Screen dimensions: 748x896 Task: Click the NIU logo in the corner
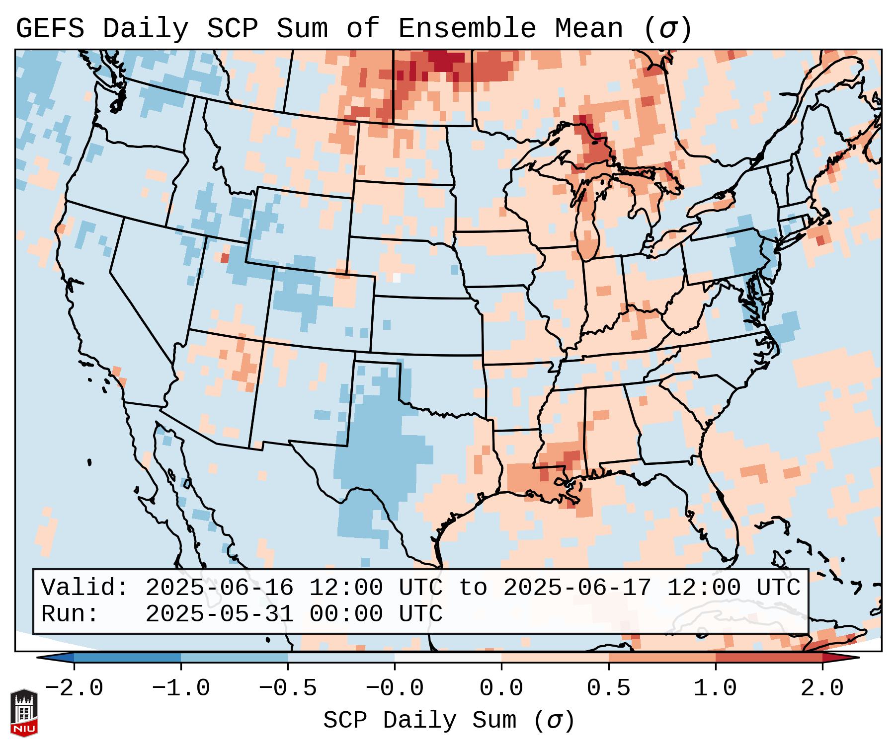24,713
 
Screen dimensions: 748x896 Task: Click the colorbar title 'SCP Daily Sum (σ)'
448,721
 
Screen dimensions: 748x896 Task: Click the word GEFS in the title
50,29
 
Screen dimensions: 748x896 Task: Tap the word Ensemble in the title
467,29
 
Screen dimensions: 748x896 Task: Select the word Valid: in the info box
85,588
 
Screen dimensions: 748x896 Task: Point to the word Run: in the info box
70,614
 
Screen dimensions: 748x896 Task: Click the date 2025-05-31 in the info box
219,614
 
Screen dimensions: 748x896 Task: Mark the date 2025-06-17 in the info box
577,588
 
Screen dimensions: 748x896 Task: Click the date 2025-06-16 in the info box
219,588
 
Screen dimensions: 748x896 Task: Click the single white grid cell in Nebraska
396,278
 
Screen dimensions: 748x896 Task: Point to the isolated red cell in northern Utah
225,258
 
